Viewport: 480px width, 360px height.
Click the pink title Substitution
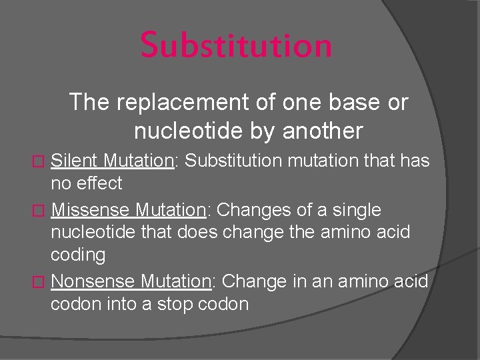(236, 45)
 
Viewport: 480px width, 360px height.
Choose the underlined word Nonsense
(94, 281)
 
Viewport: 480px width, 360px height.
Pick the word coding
(78, 255)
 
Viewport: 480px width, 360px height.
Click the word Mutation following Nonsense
(177, 281)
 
